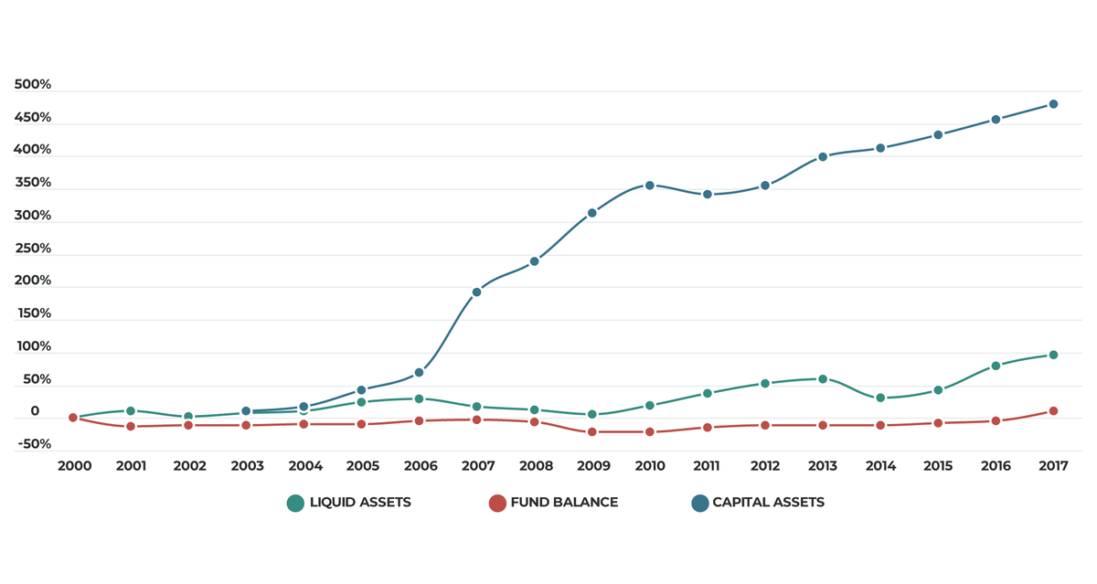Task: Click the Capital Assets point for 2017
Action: (1053, 104)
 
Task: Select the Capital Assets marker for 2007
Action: (476, 292)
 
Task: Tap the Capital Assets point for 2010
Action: (649, 186)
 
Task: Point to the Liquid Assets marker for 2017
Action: (1053, 355)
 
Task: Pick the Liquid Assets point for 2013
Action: (823, 379)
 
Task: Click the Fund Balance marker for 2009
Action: (592, 431)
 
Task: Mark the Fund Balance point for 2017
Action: (1053, 411)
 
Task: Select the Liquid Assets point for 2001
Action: (131, 410)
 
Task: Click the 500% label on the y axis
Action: (33, 84)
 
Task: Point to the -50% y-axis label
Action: (35, 444)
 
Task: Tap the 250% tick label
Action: (33, 249)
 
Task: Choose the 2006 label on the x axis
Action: (421, 465)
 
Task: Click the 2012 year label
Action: (765, 465)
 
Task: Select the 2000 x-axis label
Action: (74, 465)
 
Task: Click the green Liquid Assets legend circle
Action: (295, 504)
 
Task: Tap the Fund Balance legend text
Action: (564, 503)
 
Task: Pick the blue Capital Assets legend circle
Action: (700, 504)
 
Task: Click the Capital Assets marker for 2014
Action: (880, 148)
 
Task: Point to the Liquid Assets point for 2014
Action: (880, 398)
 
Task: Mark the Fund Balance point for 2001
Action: (131, 427)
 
